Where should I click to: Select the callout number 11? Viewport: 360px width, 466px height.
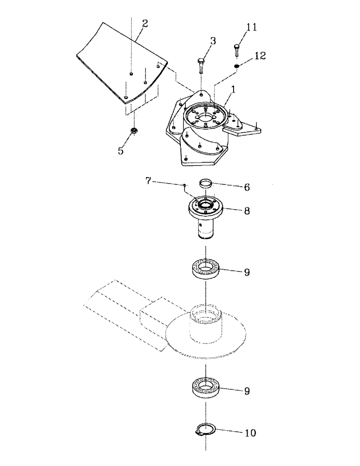[x=252, y=28]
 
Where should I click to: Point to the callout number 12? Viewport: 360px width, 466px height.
[x=260, y=56]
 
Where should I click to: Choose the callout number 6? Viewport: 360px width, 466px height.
[x=247, y=187]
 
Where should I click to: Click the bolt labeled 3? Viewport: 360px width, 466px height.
[x=201, y=66]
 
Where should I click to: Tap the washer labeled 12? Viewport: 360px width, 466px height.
[x=237, y=66]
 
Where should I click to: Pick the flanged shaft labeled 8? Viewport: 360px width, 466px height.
[x=206, y=216]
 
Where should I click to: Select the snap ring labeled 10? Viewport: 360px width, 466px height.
[x=206, y=430]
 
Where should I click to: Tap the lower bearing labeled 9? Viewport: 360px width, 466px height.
[x=206, y=387]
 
